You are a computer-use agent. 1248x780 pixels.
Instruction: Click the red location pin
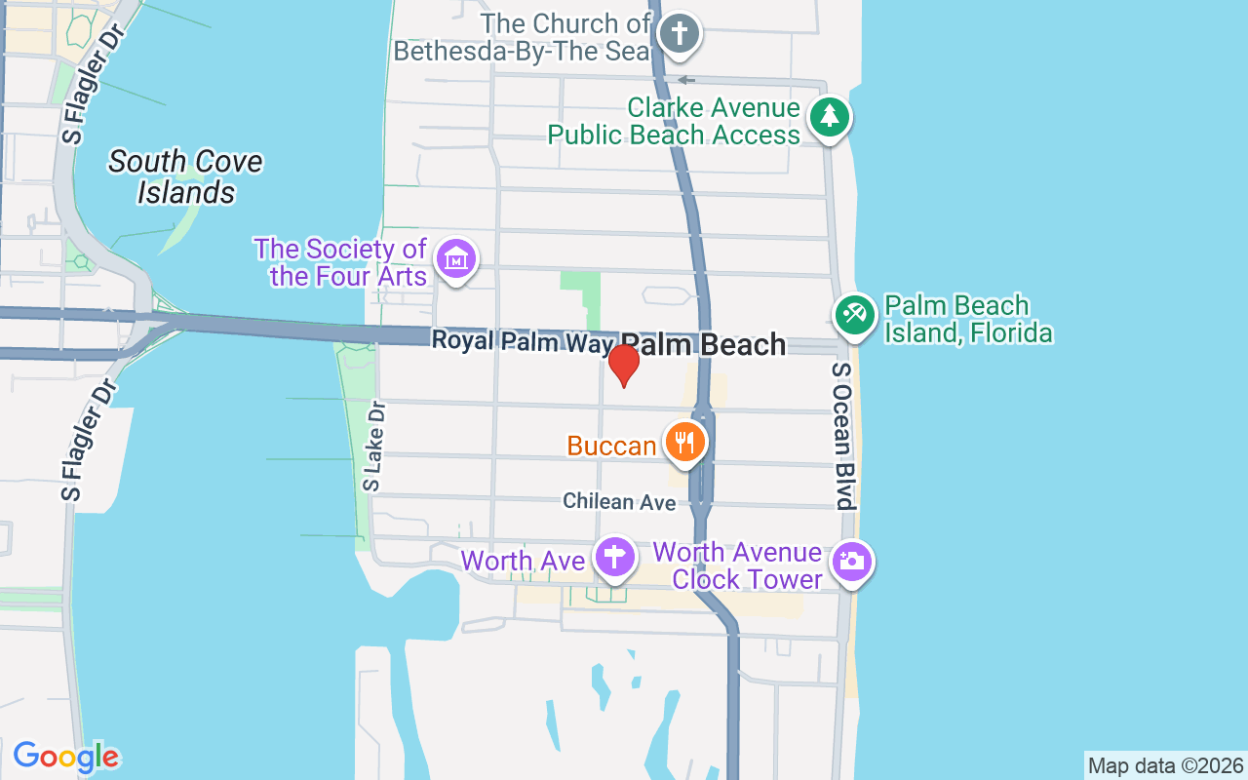(623, 363)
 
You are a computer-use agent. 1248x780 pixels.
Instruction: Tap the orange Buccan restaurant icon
(686, 442)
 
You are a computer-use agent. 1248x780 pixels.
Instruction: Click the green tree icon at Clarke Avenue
(830, 117)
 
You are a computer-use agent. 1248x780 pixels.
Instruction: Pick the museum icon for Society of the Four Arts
(456, 259)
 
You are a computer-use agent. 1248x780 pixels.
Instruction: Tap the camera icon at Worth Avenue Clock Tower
(851, 562)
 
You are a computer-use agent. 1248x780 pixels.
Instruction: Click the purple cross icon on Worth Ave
(614, 557)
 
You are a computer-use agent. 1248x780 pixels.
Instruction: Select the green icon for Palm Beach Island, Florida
(855, 314)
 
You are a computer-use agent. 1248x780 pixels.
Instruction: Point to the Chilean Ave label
(619, 501)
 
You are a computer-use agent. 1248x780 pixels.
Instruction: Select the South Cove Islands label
(185, 176)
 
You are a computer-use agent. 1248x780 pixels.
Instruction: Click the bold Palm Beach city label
(703, 345)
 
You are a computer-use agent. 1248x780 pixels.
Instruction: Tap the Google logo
(65, 757)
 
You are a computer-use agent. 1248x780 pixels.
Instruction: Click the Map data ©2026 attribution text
(1165, 766)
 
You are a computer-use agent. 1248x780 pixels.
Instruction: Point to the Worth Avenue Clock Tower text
(737, 565)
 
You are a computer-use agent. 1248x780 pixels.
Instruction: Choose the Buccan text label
(611, 447)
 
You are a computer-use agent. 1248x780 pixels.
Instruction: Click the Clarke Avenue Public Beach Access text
(674, 121)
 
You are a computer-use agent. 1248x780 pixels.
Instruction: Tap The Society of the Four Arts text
(341, 262)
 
